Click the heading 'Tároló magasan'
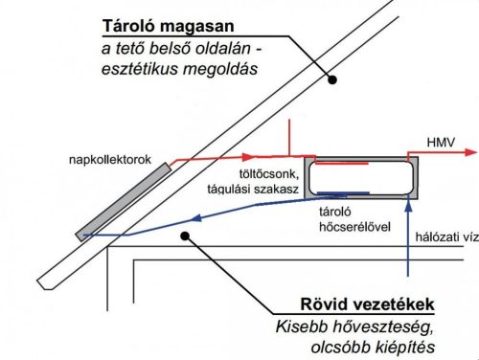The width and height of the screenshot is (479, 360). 171,24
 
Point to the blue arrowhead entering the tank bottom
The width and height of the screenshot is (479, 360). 408,205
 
